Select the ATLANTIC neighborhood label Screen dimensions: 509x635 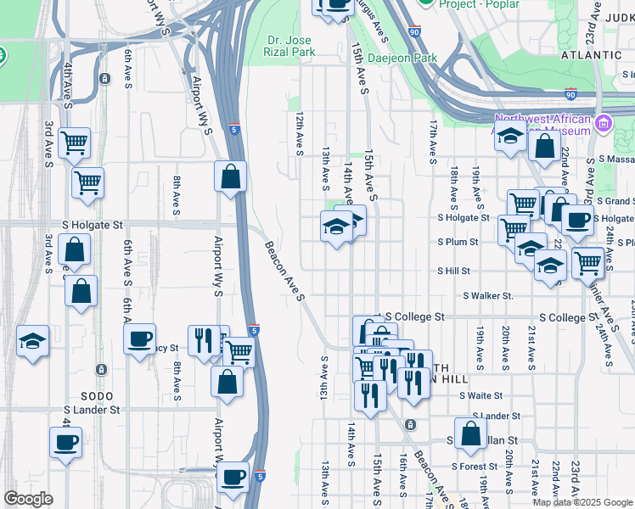tap(591, 54)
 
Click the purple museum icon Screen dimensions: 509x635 tap(604, 124)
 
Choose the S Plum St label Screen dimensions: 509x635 tap(458, 242)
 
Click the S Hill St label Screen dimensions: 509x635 tap(453, 271)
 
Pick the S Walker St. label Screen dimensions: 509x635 tap(488, 296)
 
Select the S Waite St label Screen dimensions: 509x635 tap(480, 395)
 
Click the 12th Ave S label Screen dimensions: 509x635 tap(300, 133)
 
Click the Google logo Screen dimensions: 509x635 tap(28, 499)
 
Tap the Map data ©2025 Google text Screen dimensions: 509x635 tap(582, 501)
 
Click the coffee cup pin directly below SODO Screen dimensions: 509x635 tap(66, 442)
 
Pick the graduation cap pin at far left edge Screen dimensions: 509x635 tap(32, 342)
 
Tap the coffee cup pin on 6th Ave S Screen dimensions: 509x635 tap(139, 338)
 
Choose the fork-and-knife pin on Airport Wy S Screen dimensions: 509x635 tap(203, 341)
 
